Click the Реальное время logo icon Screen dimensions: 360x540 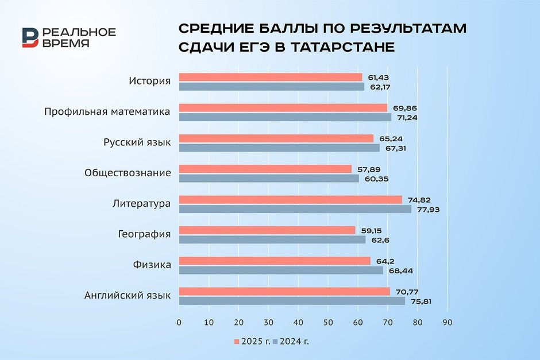[x=30, y=37]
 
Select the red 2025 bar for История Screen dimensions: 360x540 [x=271, y=77]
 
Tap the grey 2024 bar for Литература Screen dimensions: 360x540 [x=295, y=209]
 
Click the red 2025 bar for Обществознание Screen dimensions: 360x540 [x=265, y=169]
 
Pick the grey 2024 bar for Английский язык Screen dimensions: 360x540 [x=292, y=301]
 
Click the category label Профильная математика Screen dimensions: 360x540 [x=107, y=111]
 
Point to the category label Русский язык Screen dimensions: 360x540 [x=137, y=142]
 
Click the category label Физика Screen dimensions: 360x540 [x=152, y=265]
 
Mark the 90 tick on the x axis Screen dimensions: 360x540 [x=447, y=323]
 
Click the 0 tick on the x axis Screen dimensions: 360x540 [x=179, y=323]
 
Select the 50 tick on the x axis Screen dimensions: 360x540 [x=328, y=323]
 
